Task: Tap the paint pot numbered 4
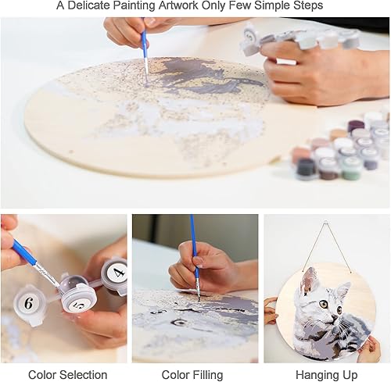click(116, 274)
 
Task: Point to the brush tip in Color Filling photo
click(199, 295)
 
